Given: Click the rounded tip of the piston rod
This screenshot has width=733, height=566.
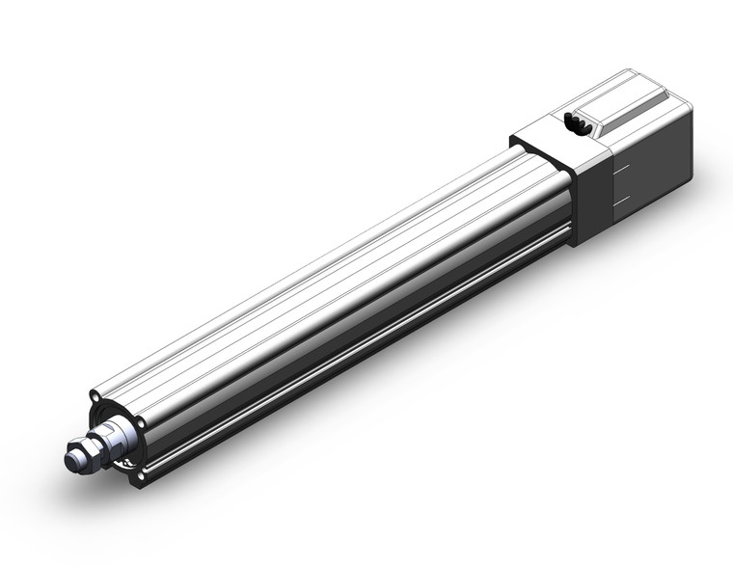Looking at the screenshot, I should (x=71, y=460).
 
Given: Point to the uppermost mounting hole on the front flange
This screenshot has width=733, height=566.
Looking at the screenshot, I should (x=95, y=396).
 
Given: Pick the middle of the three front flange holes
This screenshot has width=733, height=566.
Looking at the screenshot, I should (x=142, y=421).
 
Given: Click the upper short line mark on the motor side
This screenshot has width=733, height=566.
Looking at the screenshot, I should (x=621, y=165).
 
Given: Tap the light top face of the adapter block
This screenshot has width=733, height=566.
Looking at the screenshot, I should (x=550, y=134).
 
